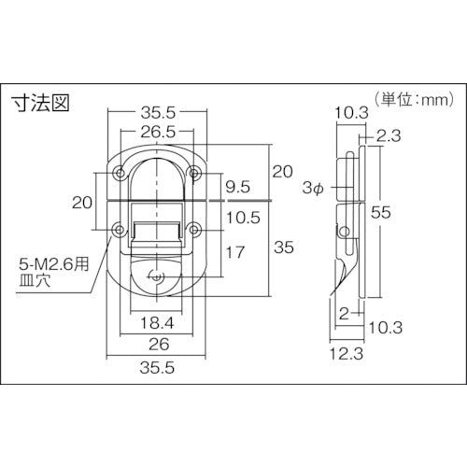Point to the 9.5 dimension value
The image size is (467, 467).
pyautogui.click(x=238, y=186)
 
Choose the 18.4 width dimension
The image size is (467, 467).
pyautogui.click(x=156, y=323)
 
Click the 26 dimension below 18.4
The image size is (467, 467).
pyautogui.click(x=156, y=343)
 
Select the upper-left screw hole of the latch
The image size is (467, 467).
pyautogui.click(x=120, y=173)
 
